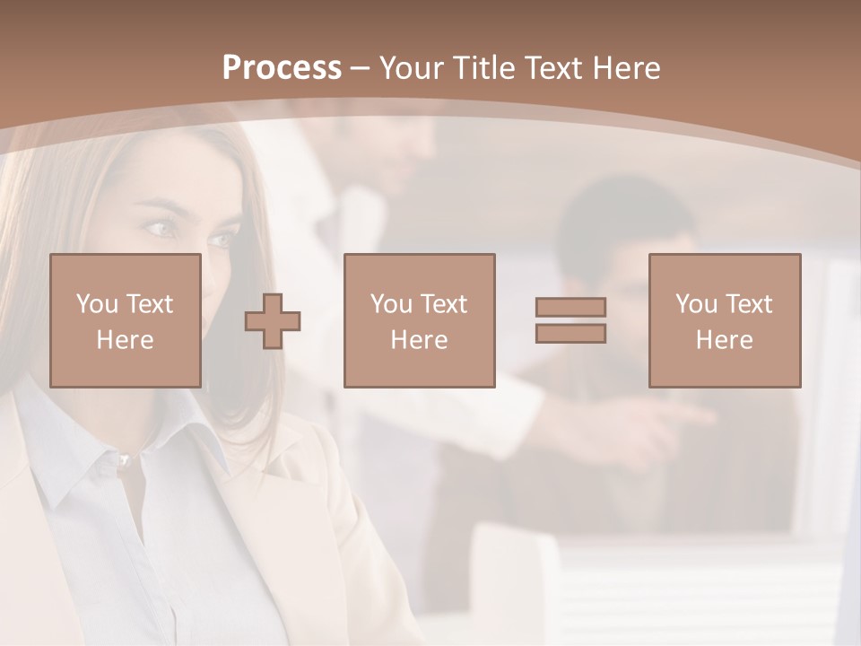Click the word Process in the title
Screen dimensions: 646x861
click(x=282, y=68)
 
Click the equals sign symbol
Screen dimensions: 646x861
click(x=571, y=320)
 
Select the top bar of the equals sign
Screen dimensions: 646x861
click(x=571, y=307)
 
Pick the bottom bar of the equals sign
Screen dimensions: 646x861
click(x=571, y=333)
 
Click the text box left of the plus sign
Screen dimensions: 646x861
click(x=125, y=320)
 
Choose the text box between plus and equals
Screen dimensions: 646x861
click(x=419, y=320)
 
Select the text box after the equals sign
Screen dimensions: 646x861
click(x=724, y=320)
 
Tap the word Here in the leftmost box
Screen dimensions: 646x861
click(x=125, y=340)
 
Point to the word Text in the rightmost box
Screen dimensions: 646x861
click(x=748, y=304)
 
